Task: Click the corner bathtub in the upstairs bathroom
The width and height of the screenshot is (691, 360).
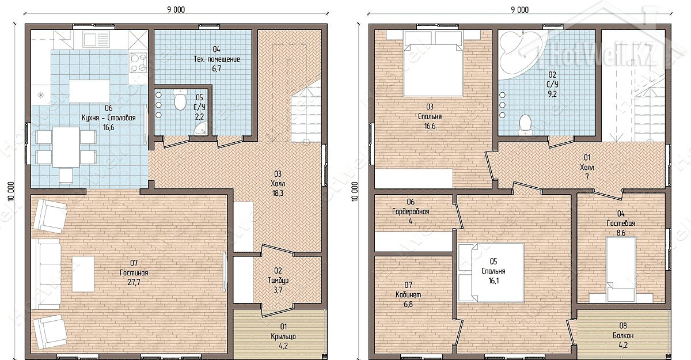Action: (x=518, y=52)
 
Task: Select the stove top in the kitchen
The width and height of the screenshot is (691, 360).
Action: (x=138, y=63)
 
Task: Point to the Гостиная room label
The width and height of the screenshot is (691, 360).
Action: (x=134, y=273)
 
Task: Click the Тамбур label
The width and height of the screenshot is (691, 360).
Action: (x=278, y=281)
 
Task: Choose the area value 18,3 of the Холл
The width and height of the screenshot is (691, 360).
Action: (x=278, y=194)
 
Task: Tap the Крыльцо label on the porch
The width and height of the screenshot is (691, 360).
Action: (x=283, y=336)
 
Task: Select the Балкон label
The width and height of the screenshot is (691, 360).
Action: (x=623, y=335)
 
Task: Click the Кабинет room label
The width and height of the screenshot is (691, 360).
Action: (x=408, y=294)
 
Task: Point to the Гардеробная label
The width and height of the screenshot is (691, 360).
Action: (x=411, y=211)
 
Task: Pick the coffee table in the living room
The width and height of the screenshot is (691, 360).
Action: (x=83, y=274)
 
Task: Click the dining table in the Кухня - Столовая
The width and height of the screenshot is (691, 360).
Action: (x=66, y=147)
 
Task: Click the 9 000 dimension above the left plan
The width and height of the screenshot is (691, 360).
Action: (x=176, y=10)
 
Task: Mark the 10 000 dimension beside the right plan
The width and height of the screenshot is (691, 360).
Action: (x=355, y=191)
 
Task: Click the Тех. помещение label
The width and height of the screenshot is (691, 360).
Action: (x=217, y=59)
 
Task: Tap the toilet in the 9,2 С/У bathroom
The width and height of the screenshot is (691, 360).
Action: (x=525, y=125)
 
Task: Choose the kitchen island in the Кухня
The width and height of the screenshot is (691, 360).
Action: (x=89, y=91)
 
